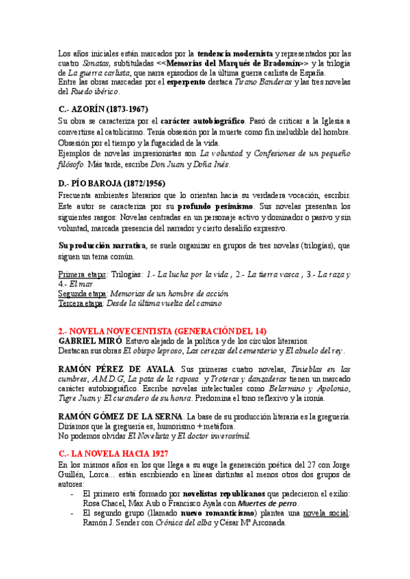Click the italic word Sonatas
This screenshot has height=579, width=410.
coord(95,63)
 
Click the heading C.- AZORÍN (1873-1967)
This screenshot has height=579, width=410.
coord(102,109)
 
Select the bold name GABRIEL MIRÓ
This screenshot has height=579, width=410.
coord(90,341)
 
